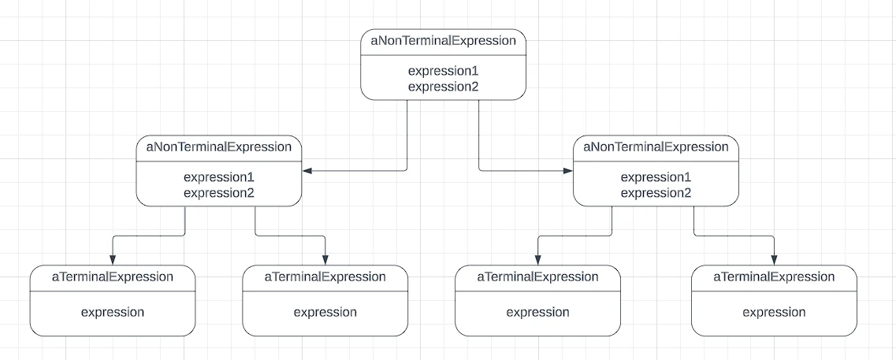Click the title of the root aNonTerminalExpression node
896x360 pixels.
pyautogui.click(x=444, y=41)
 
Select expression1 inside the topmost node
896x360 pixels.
pyautogui.click(x=443, y=72)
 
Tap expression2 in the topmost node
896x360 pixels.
pyautogui.click(x=443, y=87)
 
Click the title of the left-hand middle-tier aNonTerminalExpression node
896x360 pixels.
pyautogui.click(x=219, y=147)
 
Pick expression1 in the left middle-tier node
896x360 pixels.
pyautogui.click(x=219, y=178)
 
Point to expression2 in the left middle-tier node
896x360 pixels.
pyautogui.click(x=219, y=193)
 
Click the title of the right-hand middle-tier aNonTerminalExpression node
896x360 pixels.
pyautogui.click(x=656, y=147)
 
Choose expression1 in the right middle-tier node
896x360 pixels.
pyautogui.click(x=656, y=178)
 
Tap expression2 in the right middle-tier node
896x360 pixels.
pyautogui.click(x=656, y=193)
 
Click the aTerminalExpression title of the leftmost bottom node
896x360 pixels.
pyautogui.click(x=113, y=277)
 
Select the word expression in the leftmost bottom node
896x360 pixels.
pyautogui.click(x=113, y=313)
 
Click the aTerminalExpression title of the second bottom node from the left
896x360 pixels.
pyautogui.click(x=325, y=277)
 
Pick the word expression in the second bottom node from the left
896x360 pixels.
pyautogui.click(x=325, y=313)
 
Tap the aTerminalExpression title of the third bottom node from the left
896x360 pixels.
pyautogui.click(x=537, y=277)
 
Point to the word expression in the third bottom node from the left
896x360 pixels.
pyautogui.click(x=537, y=313)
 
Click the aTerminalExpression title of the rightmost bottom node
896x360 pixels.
pyautogui.click(x=775, y=277)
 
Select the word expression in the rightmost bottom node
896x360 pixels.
pyautogui.click(x=775, y=313)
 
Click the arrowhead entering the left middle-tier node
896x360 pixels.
pyautogui.click(x=307, y=170)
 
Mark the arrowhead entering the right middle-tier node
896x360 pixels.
pyautogui.click(x=568, y=170)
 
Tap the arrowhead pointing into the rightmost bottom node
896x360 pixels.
pyautogui.click(x=775, y=260)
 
